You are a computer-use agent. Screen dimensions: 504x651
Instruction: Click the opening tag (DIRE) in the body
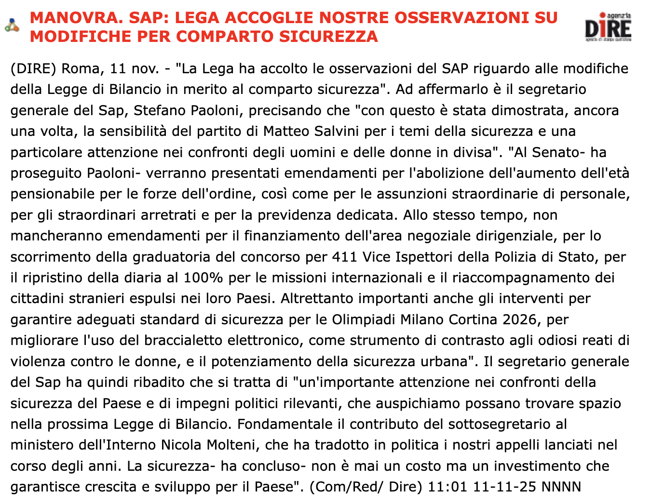point(33,69)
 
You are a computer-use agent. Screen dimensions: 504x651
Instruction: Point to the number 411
point(345,257)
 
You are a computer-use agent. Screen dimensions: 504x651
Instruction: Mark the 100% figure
point(203,278)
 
